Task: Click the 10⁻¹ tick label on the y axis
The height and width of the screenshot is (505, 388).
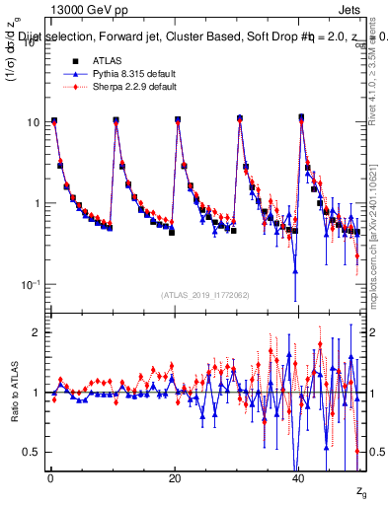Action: tap(29, 284)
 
